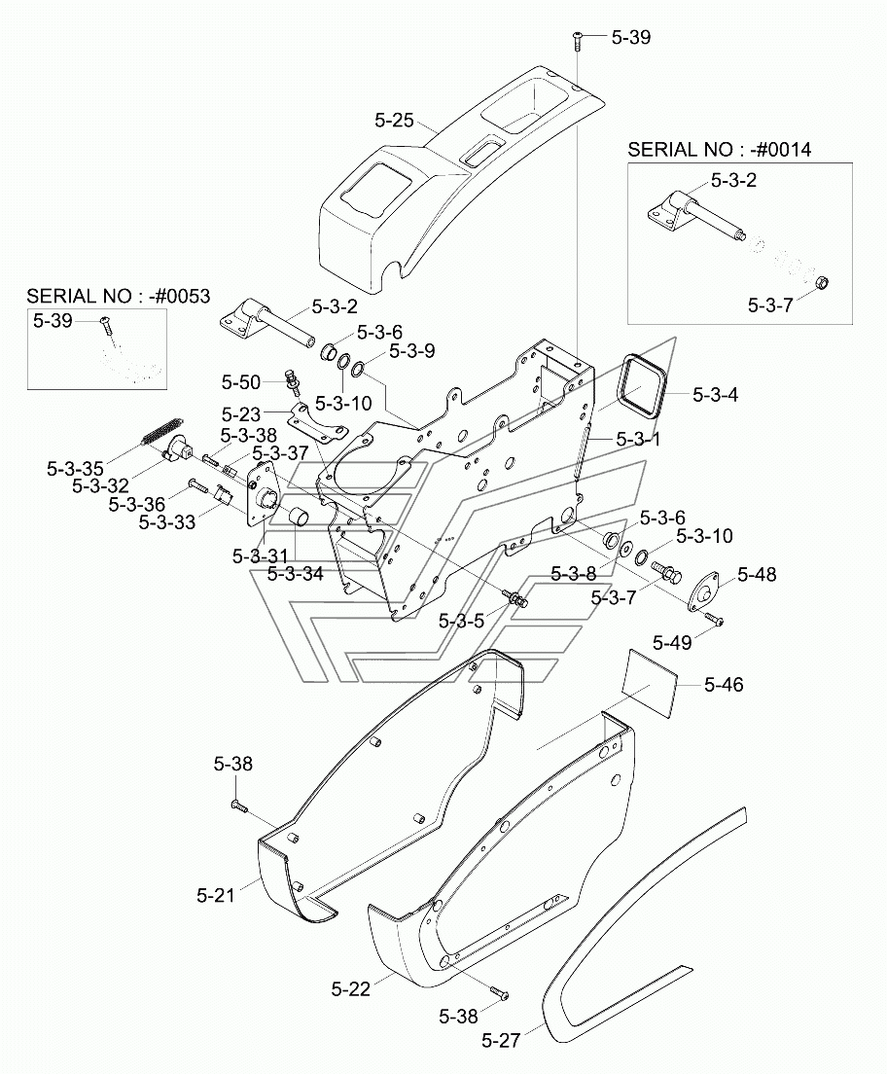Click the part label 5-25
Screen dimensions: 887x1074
pos(394,121)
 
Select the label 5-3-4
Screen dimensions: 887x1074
pos(715,395)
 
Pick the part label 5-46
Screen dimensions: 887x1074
pos(724,684)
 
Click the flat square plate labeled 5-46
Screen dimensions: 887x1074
pos(651,678)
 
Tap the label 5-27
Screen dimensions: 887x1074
pos(501,1041)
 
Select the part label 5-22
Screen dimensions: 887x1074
pos(351,988)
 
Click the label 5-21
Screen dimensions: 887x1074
pos(216,895)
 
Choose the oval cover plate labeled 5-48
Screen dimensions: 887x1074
pos(704,590)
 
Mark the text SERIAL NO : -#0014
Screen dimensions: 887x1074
pos(719,149)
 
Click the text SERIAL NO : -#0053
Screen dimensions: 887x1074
pos(118,296)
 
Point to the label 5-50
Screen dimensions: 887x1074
pos(241,381)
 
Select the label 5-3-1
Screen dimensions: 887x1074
pos(638,439)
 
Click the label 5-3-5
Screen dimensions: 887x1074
pos(461,622)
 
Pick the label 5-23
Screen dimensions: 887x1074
pos(241,414)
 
